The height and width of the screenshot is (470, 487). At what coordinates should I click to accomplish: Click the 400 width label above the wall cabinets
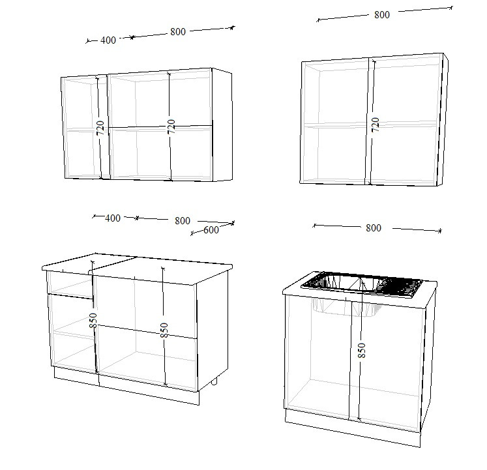pos(108,40)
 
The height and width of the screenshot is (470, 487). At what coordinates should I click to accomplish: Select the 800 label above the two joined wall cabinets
pos(178,32)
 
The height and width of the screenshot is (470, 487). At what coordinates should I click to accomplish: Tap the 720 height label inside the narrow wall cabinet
pos(100,128)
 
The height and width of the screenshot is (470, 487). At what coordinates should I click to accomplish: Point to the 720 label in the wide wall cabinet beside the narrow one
pos(171,126)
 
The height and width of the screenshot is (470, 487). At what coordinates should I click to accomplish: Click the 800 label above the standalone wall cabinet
pos(381,15)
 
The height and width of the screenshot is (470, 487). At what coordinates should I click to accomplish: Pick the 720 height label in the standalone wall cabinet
pos(375,125)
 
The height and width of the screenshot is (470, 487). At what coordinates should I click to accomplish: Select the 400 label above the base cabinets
pos(112,218)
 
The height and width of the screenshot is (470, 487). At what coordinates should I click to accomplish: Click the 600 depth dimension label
pos(211,230)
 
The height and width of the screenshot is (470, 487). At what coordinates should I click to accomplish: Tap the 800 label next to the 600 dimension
pos(183,221)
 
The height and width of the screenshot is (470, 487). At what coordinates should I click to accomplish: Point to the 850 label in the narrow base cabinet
pos(93,320)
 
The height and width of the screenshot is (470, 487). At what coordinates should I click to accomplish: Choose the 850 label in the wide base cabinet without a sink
pos(164,330)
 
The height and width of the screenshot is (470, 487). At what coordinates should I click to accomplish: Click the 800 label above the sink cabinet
pos(374,228)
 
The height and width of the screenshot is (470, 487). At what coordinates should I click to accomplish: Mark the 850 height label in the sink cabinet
pos(362,351)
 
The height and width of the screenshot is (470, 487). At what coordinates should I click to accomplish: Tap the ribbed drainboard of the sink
pos(401,287)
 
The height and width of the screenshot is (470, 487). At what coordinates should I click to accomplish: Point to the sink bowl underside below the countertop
pos(347,307)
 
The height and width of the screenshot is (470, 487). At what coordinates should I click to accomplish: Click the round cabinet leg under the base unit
pos(214,382)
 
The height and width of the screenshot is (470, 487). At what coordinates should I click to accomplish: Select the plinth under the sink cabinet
pos(353,428)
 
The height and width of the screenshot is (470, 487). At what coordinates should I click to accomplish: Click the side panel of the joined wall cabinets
pos(222,125)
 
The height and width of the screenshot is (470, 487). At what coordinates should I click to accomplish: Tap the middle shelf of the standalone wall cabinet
pos(370,125)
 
